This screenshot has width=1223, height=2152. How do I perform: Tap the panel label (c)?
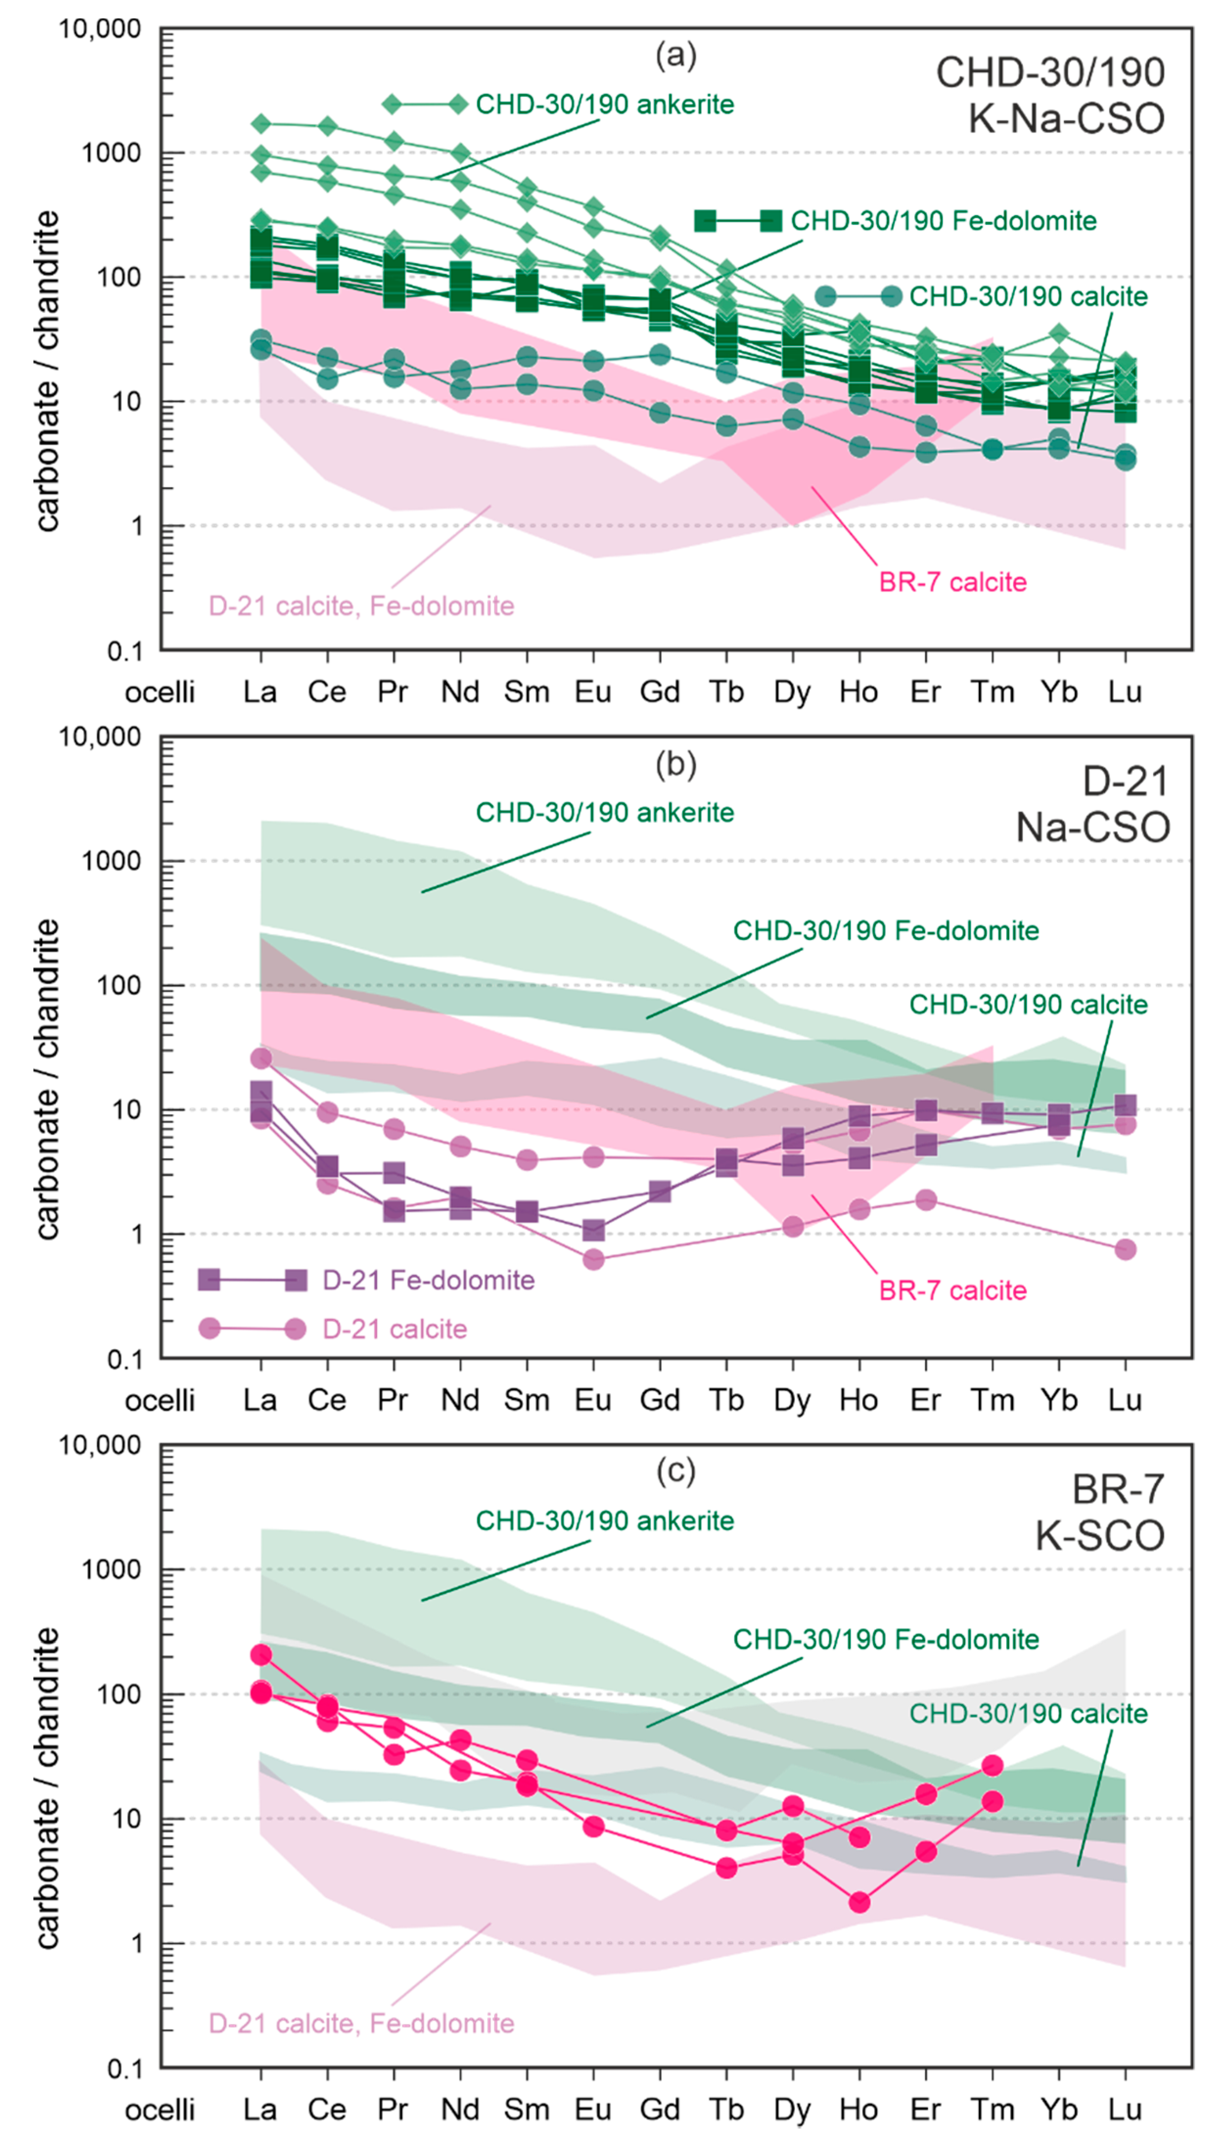(x=676, y=1472)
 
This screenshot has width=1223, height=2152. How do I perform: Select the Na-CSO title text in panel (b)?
(x=1093, y=827)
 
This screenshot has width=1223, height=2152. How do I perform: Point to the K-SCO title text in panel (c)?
(x=1100, y=1535)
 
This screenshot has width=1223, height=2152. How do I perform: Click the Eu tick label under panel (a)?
(x=593, y=692)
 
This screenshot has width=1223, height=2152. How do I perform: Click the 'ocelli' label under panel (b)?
(x=159, y=1400)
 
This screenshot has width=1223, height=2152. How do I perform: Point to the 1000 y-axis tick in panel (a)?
(x=111, y=153)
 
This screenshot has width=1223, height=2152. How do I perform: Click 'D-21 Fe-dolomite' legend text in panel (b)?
(x=429, y=1280)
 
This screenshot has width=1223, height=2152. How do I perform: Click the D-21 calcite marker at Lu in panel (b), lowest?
(x=1126, y=1249)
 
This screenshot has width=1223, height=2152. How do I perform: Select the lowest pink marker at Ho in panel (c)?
(x=859, y=1901)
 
